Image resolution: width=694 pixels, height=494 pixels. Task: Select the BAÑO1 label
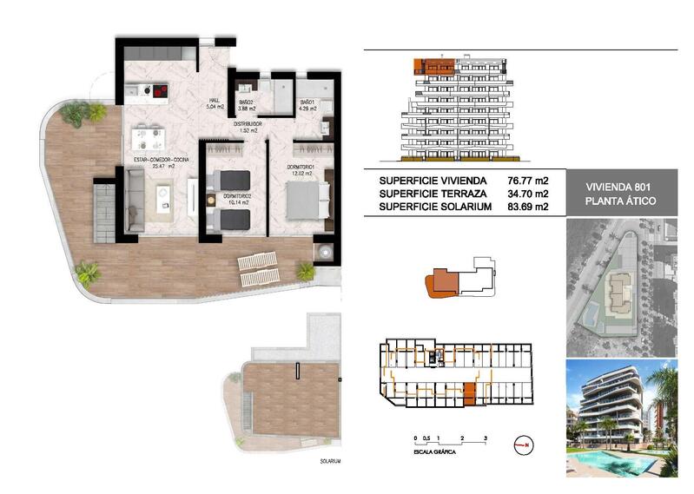(307, 102)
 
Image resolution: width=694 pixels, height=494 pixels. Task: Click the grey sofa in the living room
(135, 199)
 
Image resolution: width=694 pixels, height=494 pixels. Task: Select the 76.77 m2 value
(529, 181)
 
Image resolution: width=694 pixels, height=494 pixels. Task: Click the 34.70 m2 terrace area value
(529, 194)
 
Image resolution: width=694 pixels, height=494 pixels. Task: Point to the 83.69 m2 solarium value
(529, 207)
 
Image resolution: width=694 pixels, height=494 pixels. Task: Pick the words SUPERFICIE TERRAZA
(429, 194)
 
